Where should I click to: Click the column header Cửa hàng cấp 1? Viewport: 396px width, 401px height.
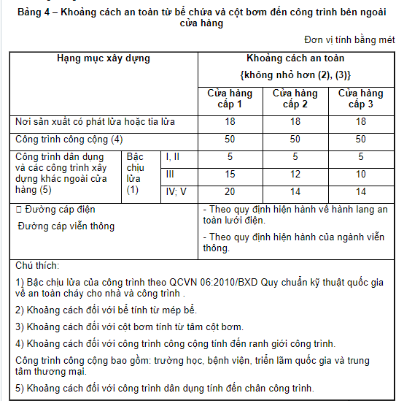coord(230,99)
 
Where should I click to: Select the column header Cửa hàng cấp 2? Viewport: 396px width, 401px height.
coord(295,99)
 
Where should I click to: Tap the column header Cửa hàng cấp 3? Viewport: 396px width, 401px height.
coord(360,99)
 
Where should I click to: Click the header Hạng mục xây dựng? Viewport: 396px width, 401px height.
coord(104,58)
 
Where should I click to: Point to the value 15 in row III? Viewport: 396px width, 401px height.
coord(230,175)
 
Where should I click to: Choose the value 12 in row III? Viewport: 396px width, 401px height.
coord(295,175)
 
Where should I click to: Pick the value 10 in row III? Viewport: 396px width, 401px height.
coord(360,175)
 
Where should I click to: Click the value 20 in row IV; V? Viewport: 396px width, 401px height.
coord(230,191)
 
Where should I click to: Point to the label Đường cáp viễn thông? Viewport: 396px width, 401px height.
coord(66,226)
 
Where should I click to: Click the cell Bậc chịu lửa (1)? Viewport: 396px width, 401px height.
coord(136,173)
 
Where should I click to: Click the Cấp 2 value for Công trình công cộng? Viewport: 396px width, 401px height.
coord(295,139)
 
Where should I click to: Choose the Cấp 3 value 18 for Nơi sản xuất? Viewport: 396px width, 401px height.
coord(360,122)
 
